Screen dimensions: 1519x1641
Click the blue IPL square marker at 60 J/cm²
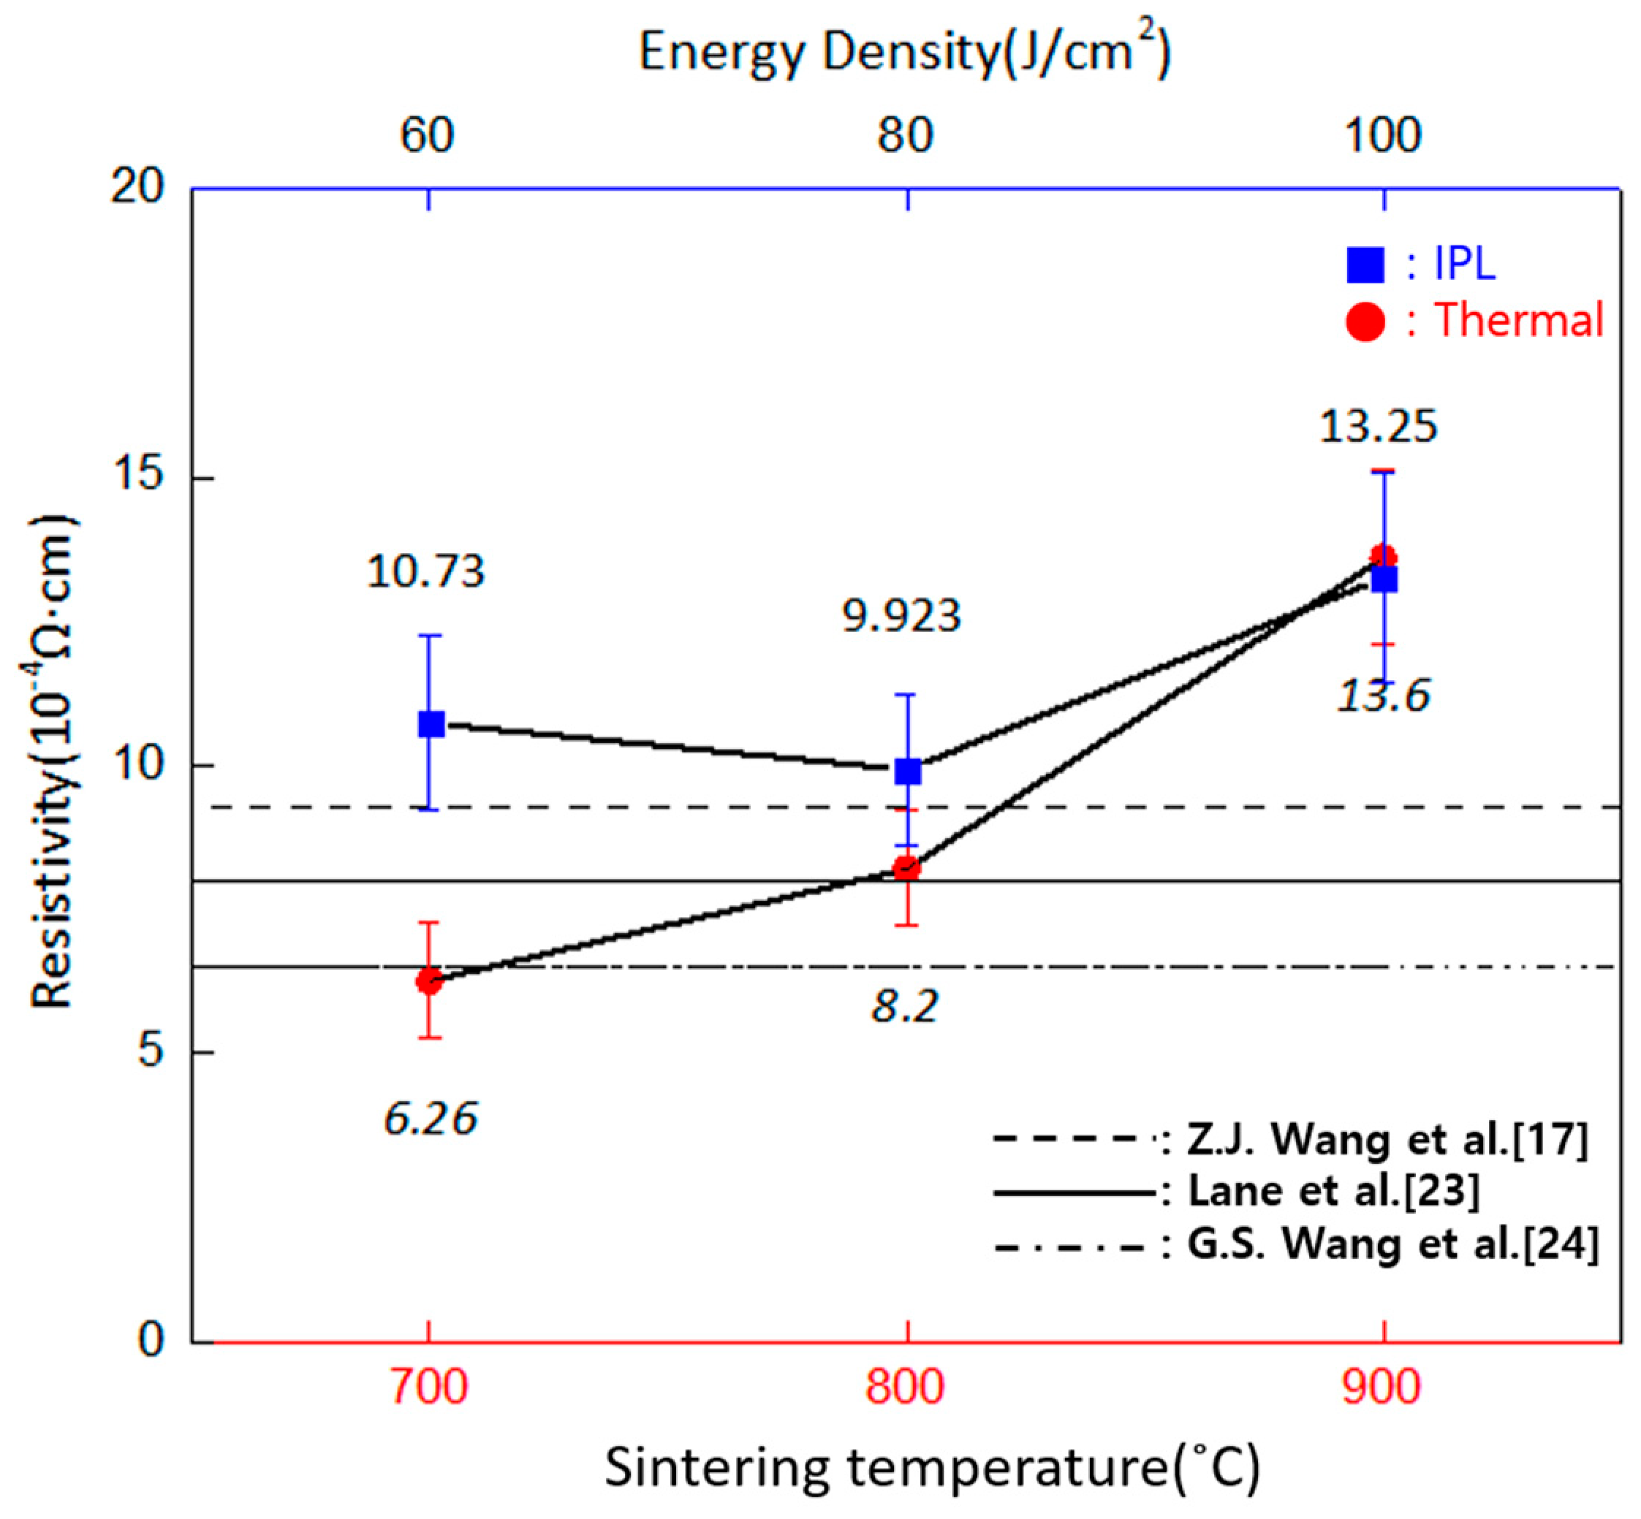coord(431,724)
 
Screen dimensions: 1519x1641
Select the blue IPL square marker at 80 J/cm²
coord(907,771)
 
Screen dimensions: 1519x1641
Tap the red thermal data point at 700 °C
coord(428,981)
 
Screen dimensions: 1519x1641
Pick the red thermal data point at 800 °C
coord(906,868)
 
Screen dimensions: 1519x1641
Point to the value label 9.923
coord(901,616)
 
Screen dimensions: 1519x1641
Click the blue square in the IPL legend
coord(1365,265)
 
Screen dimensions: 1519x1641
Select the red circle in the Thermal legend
coord(1365,321)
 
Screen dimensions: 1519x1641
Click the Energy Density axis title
coord(904,53)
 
